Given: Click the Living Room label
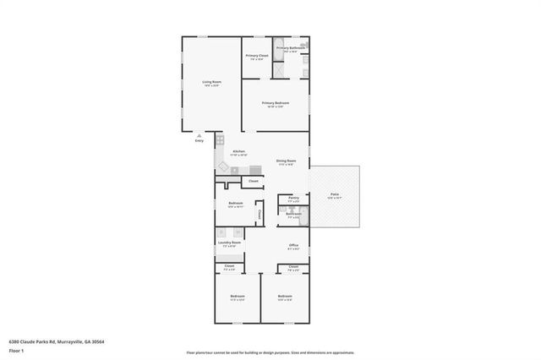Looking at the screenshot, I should [210, 82].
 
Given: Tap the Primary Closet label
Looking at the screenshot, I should [256, 56].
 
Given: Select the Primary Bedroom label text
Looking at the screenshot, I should [276, 103].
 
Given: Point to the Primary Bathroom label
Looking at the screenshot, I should [290, 48].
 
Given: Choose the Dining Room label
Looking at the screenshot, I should [286, 161].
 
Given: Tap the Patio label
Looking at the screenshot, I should [335, 194].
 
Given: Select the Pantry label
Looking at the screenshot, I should [293, 198].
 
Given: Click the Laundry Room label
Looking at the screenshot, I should [229, 243].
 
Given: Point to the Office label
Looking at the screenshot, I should [293, 245].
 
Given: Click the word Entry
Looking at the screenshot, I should [199, 140].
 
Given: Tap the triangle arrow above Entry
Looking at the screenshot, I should [199, 135].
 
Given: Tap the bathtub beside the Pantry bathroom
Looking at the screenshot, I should [305, 216].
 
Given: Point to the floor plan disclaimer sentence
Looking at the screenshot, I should [270, 352].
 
